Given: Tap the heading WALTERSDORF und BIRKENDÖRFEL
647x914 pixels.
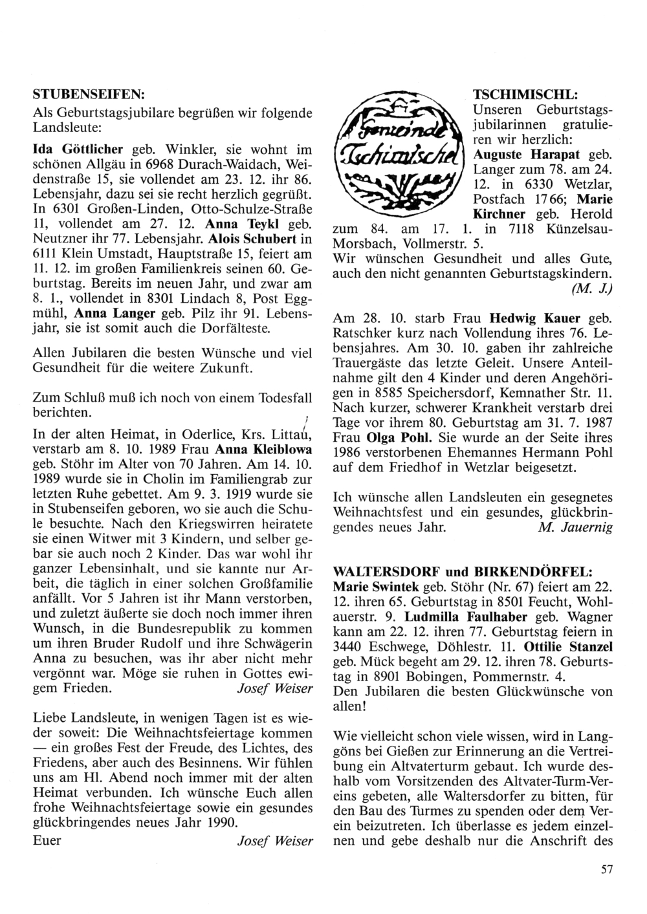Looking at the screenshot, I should [x=461, y=573].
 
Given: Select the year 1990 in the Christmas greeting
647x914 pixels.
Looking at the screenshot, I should [x=223, y=823].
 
